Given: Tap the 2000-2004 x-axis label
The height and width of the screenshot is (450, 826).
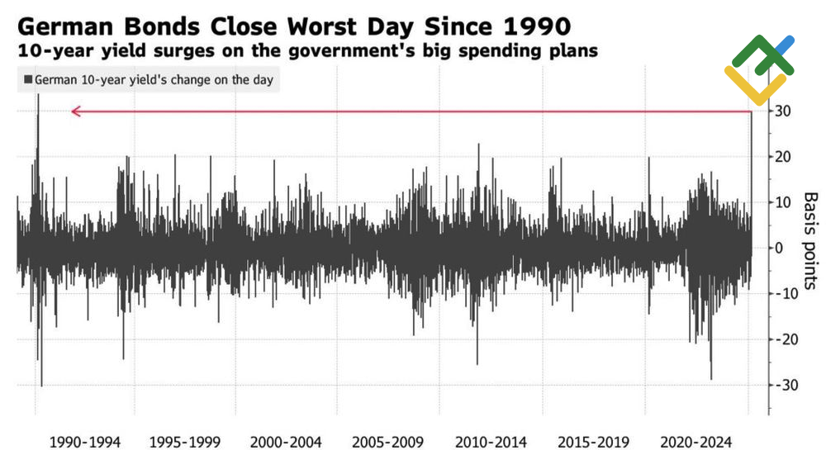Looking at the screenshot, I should click(x=286, y=442).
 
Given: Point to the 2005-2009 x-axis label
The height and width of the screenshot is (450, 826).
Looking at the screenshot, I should click(x=387, y=442).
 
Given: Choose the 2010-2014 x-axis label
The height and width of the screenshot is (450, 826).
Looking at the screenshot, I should click(x=489, y=442).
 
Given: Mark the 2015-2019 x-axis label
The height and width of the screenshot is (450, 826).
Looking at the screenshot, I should click(x=591, y=442).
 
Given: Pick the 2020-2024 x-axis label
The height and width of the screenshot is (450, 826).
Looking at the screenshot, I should click(x=692, y=442).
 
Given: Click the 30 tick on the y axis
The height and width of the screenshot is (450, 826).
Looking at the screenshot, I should click(x=783, y=111).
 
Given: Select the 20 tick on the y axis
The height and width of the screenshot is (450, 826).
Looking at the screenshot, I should click(x=783, y=157).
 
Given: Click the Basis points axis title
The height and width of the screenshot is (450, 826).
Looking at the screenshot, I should click(x=809, y=240).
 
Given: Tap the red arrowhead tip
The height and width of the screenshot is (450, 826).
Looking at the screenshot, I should click(x=72, y=111).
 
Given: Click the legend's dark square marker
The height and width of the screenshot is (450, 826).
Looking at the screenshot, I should click(x=28, y=80).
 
